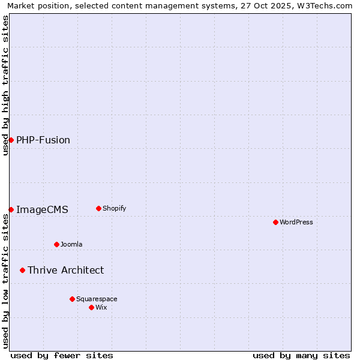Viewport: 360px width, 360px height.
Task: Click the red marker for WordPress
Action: point(275,222)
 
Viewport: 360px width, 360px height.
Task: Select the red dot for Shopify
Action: point(98,208)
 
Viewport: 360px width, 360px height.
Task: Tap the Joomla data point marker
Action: point(56,244)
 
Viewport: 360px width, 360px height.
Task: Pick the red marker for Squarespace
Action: point(72,299)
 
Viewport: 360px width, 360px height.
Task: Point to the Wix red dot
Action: point(91,307)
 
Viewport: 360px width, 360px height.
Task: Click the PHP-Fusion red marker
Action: point(11,140)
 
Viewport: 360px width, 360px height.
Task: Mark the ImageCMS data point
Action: point(11,209)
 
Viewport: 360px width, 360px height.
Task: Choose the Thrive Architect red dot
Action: point(22,270)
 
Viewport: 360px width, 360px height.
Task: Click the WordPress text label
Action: point(296,222)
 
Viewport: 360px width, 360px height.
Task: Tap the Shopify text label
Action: point(114,208)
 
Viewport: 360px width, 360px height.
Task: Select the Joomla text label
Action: point(71,244)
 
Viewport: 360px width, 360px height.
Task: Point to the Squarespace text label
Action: point(97,299)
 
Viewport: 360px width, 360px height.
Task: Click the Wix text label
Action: point(101,307)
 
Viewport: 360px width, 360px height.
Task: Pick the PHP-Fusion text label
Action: point(43,140)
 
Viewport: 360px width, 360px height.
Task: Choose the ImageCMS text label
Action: point(42,210)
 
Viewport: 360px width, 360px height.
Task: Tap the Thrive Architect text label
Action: point(65,271)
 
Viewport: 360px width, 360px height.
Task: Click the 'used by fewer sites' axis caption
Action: point(62,355)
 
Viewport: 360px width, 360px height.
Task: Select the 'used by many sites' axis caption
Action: point(301,355)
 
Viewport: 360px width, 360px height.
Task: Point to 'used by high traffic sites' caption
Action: point(5,85)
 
